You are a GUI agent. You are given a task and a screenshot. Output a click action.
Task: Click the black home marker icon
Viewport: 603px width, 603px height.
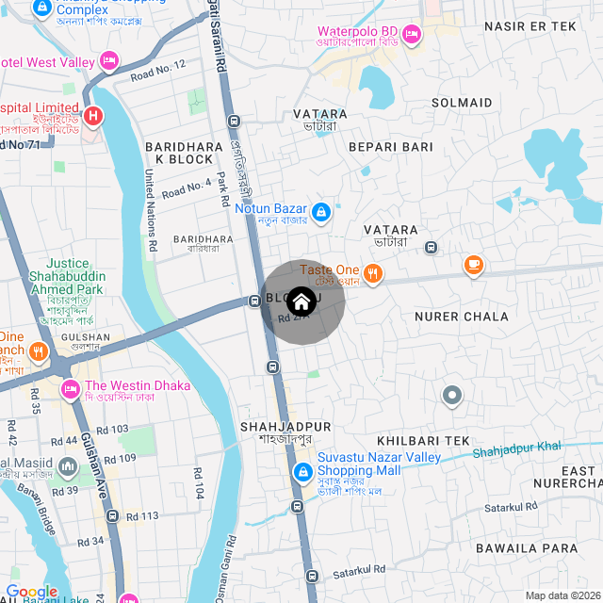[301, 302]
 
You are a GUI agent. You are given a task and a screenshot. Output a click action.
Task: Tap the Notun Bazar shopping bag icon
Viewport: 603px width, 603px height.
[322, 211]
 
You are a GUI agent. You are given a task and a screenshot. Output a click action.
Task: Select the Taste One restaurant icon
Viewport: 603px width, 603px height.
[374, 273]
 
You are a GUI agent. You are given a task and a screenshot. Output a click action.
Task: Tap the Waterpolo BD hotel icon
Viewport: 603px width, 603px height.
[411, 35]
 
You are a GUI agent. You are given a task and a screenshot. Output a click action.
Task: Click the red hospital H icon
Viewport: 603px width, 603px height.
[92, 117]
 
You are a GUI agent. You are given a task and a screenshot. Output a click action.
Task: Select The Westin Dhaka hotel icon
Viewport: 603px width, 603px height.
[70, 387]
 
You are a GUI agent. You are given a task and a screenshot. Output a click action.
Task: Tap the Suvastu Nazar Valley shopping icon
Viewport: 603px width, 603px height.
[303, 471]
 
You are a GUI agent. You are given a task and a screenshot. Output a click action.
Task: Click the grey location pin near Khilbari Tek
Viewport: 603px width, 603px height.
[453, 396]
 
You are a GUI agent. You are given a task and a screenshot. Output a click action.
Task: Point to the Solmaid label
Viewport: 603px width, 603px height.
[462, 102]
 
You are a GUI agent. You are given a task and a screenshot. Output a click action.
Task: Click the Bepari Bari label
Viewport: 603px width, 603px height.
[390, 147]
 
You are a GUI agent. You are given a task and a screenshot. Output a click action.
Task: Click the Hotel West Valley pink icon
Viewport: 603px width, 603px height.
[109, 61]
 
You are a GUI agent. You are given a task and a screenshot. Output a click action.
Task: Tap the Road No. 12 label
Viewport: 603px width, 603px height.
[158, 70]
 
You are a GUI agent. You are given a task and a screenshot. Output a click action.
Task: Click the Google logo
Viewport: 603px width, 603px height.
[32, 592]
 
